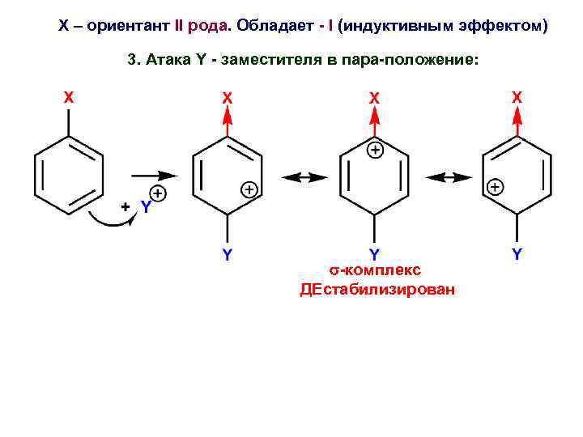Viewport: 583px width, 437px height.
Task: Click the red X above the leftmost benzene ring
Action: click(x=69, y=97)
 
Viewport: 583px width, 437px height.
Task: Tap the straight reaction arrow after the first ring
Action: click(x=154, y=174)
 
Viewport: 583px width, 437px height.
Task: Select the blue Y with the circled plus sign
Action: click(x=145, y=207)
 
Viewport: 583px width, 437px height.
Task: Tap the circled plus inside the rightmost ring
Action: click(x=494, y=187)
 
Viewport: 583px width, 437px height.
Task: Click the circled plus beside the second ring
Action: click(x=249, y=189)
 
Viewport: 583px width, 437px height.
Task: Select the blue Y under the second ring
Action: click(x=228, y=254)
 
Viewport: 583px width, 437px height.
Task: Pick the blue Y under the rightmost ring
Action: click(x=517, y=254)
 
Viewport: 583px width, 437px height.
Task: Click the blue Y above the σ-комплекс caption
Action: click(x=374, y=254)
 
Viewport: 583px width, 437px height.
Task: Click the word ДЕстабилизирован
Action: click(x=377, y=290)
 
